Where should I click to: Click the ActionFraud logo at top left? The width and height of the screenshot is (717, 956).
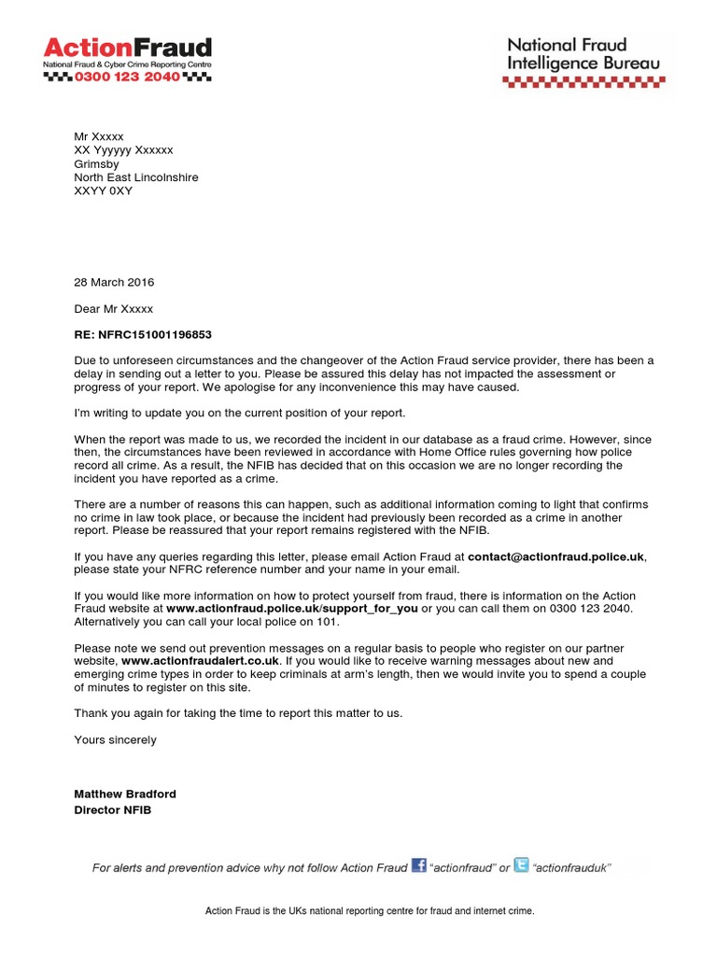pos(128,48)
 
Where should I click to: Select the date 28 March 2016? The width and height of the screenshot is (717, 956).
pos(114,282)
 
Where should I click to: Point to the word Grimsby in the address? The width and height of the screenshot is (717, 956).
pos(96,163)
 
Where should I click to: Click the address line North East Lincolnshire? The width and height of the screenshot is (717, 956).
pos(136,177)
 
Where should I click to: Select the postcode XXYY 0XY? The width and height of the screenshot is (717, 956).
pos(104,190)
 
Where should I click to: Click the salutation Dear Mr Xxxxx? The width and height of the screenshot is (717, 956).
pos(113,308)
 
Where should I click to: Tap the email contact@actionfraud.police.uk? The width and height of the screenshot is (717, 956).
pos(555,556)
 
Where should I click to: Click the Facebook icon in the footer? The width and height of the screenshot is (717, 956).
pos(418,865)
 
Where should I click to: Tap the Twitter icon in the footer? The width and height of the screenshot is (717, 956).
pos(521,865)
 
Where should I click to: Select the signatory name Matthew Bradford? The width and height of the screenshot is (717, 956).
pos(125,794)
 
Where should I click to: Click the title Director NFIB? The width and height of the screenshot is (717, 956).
pos(112,809)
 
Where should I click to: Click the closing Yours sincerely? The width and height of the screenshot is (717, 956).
pos(116,739)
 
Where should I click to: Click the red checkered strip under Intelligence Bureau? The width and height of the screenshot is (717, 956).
pos(583,81)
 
